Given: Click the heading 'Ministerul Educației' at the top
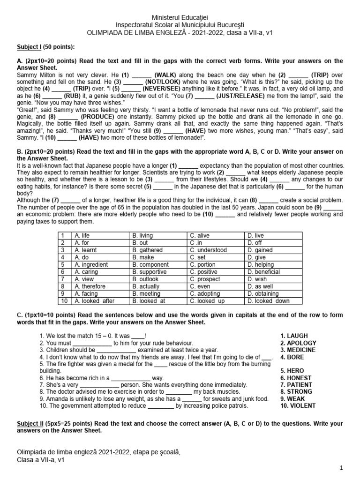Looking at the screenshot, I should (x=180, y=17).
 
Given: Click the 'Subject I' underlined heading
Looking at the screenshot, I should (x=30, y=47).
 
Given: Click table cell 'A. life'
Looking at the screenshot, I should (x=82, y=236).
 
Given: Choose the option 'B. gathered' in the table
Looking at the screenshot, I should (x=148, y=250).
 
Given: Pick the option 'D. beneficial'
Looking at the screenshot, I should (x=263, y=272).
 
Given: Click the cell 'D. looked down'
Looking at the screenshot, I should (x=269, y=301).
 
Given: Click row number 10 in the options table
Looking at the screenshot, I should (x=64, y=301).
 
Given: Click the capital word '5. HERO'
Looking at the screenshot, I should (x=292, y=371).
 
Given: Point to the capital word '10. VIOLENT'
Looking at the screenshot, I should (x=298, y=405).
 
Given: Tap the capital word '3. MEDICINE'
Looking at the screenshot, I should (x=298, y=350).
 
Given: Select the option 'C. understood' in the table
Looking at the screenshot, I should (x=208, y=250).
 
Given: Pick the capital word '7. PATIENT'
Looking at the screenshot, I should (x=296, y=385).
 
